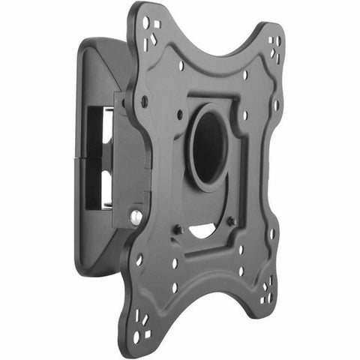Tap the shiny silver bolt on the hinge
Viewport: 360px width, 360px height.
(x=135, y=217)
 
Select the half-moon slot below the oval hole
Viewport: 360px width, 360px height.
(x=202, y=231)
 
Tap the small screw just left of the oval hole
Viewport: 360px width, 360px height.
(x=179, y=114)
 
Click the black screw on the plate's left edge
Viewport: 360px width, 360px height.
(x=144, y=100)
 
